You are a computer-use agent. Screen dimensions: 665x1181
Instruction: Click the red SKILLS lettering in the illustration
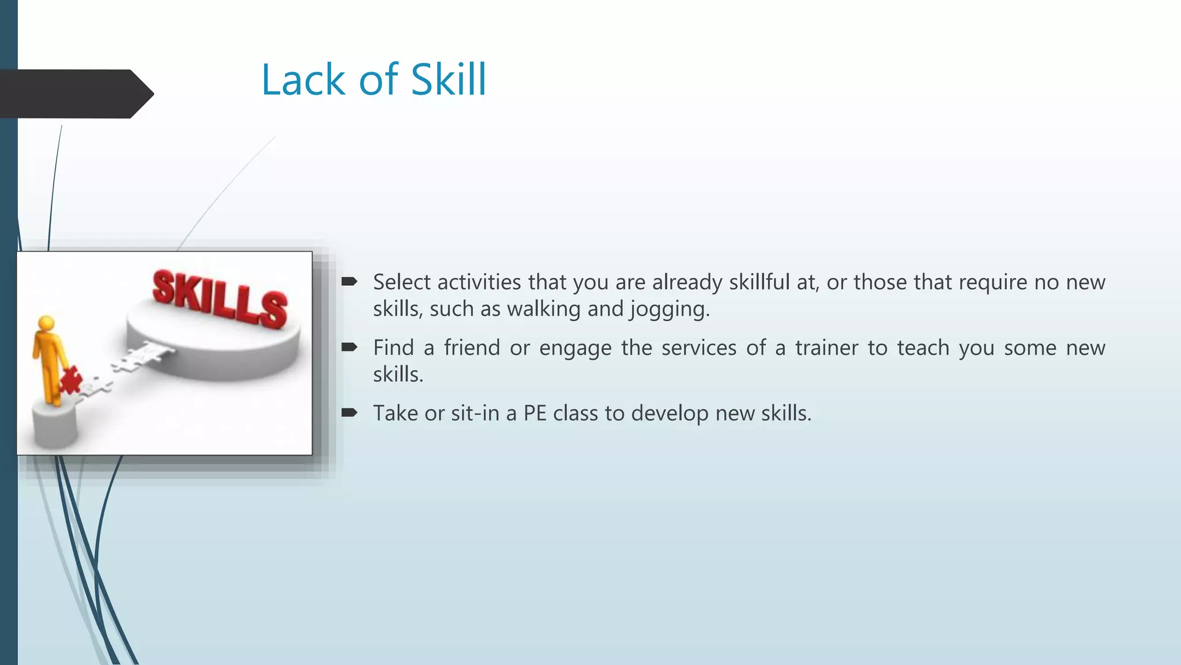coord(220,299)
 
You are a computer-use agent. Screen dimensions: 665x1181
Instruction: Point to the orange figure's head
coord(46,324)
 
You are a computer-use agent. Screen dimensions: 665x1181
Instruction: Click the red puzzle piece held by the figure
coord(70,380)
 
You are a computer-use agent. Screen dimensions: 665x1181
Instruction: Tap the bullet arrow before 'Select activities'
coord(349,282)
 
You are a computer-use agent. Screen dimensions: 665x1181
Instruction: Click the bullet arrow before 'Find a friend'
coord(349,348)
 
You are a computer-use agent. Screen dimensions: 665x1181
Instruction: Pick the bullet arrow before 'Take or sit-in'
coord(349,413)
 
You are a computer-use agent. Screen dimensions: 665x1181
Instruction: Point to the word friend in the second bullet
coord(472,348)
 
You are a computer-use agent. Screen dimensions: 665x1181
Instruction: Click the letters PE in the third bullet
coord(535,413)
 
